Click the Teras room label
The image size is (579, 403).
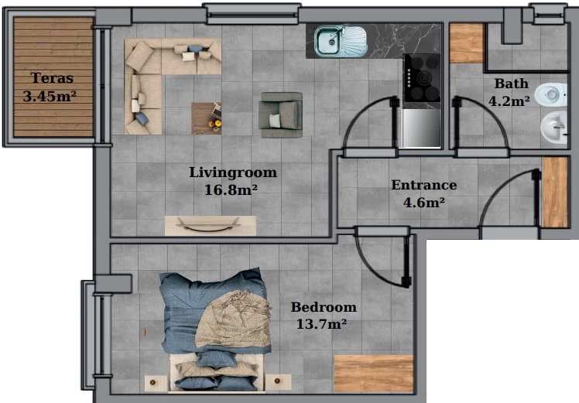pos(52,78)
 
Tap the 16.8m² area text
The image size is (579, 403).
pos(231,190)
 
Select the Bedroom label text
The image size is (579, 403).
pos(324,306)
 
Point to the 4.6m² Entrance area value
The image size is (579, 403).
pos(424,202)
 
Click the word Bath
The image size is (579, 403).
pos(511,84)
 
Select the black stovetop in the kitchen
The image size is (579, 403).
pos(422,78)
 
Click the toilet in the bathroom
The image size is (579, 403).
pos(550,95)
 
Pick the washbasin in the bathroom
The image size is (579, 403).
pos(553,128)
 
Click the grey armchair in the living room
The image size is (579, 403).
pos(281,114)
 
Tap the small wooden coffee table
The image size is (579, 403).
pos(207,118)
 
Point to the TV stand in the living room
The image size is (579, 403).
pos(210,226)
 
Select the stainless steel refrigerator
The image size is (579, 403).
pos(421,128)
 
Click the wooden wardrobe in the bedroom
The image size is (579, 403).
pos(374,374)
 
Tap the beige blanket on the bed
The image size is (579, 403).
pos(234,319)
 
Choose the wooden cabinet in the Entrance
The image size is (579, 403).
pos(555,192)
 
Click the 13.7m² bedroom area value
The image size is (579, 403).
pos(321,324)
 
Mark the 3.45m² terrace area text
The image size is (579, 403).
pos(50,97)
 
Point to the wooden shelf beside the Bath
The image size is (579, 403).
pos(467,43)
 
